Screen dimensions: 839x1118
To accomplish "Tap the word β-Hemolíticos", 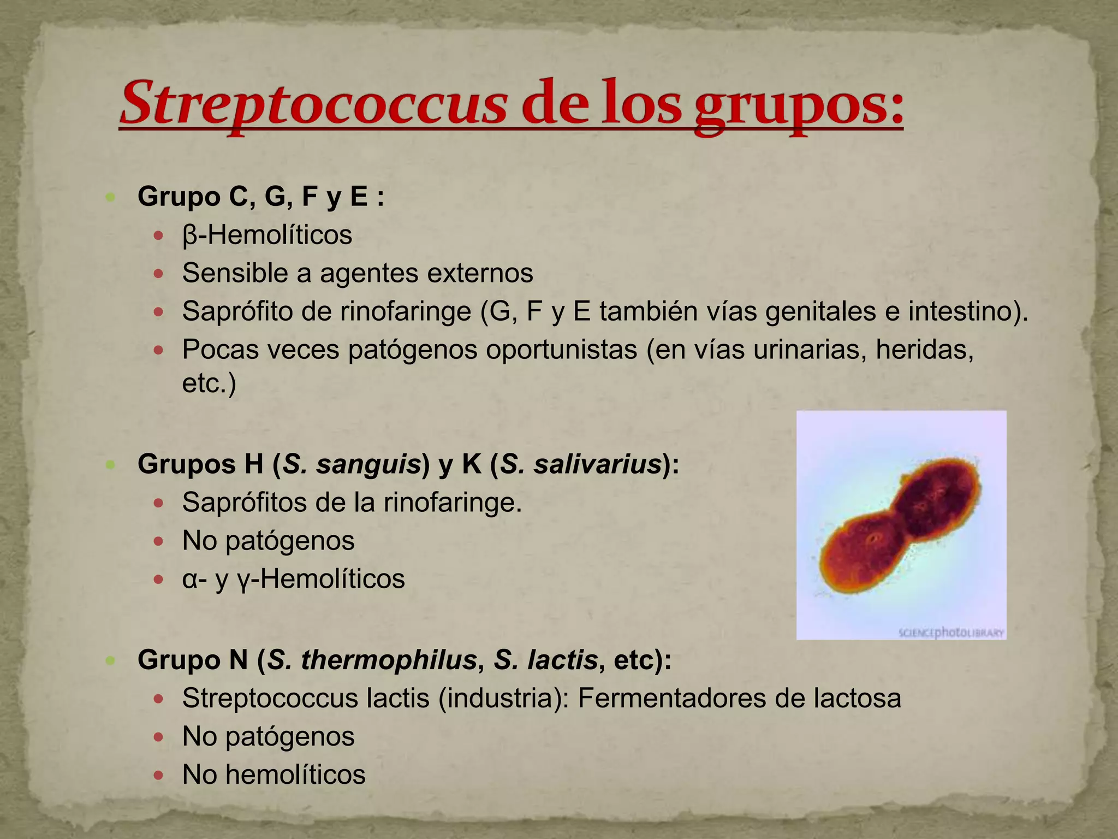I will click(x=267, y=235).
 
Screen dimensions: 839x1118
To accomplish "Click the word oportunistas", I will click(x=561, y=350).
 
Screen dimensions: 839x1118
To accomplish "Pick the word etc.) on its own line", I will click(x=209, y=383).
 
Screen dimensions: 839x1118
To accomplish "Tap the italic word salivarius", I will click(x=598, y=464).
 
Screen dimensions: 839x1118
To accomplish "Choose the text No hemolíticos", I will click(x=273, y=775).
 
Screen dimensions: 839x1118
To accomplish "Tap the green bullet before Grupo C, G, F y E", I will click(x=111, y=197).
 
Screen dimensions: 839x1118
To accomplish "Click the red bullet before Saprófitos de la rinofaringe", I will click(x=159, y=503).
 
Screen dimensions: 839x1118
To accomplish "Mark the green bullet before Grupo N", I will click(x=111, y=660).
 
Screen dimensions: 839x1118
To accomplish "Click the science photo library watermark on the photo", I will click(x=951, y=633).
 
